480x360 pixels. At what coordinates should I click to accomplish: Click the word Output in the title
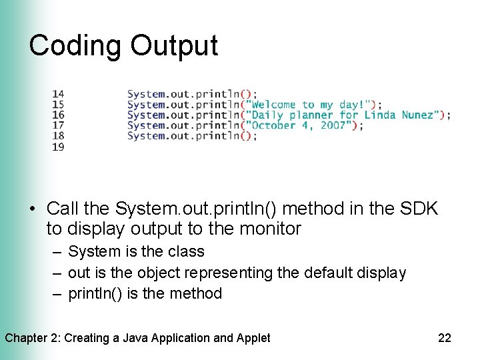pyautogui.click(x=174, y=45)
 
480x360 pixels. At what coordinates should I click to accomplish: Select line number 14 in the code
pyautogui.click(x=58, y=94)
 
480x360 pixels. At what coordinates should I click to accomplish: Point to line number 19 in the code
pyautogui.click(x=58, y=146)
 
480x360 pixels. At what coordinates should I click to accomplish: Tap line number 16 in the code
pyautogui.click(x=58, y=115)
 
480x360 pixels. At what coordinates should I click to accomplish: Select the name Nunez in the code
pyautogui.click(x=418, y=115)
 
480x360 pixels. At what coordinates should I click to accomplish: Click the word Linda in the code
pyautogui.click(x=380, y=115)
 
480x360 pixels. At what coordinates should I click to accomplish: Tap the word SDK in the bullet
pyautogui.click(x=419, y=209)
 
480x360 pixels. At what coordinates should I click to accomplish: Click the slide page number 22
pyautogui.click(x=445, y=338)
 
